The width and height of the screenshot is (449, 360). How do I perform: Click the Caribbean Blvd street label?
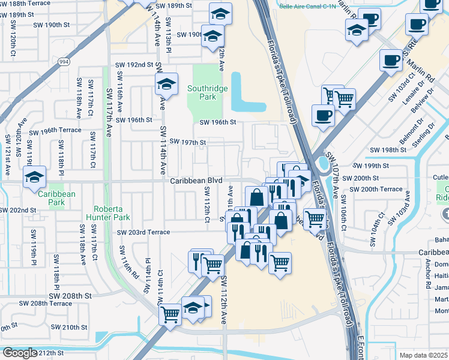click(196, 181)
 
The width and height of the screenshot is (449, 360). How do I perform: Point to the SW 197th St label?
click(188, 142)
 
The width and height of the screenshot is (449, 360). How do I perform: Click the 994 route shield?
click(64, 61)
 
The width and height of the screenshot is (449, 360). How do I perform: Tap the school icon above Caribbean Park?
click(34, 177)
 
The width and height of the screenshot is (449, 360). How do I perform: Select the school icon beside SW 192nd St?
click(166, 84)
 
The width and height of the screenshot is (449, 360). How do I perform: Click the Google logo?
click(20, 352)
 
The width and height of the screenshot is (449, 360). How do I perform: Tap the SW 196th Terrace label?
click(55, 130)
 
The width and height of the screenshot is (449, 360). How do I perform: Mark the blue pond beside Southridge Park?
click(246, 96)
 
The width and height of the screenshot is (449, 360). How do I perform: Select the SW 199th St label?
click(370, 166)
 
